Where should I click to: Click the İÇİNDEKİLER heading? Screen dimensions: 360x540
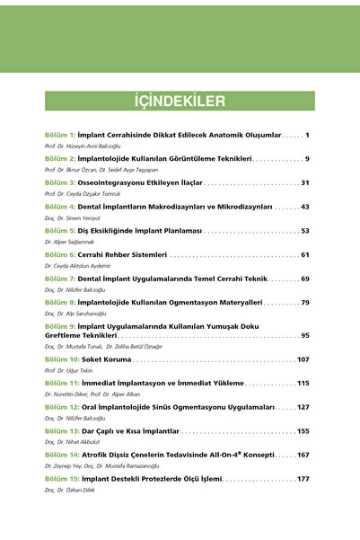(180, 100)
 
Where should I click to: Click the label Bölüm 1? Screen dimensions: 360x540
(60, 134)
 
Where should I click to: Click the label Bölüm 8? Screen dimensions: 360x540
(60, 303)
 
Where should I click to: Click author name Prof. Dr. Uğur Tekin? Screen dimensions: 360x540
(72, 370)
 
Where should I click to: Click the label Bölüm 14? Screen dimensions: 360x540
(62, 456)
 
